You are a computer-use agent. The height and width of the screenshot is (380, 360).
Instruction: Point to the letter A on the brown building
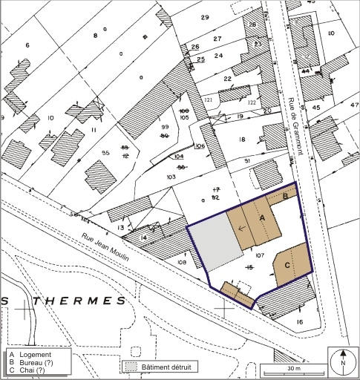pos(262,217)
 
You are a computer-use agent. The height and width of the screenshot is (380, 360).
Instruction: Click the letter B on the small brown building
pos(286,196)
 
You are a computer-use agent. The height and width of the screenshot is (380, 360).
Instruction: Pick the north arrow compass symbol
pos(343,363)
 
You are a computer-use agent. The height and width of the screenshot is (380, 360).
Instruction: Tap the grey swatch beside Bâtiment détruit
pos(131,367)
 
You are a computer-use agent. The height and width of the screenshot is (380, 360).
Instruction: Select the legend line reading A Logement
pos(32,355)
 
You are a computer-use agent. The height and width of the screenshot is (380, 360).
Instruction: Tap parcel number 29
pos(204,17)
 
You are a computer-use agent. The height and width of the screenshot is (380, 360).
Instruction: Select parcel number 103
pos(171,178)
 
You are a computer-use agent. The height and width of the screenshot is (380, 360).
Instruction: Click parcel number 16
pos(299,321)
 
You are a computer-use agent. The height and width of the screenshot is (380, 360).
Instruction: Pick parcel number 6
pos(27,46)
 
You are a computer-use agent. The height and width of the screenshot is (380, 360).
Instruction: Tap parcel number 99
pos(166,128)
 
